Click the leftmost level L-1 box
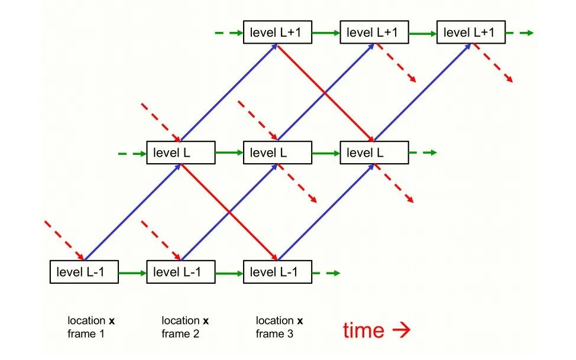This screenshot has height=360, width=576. [84, 272]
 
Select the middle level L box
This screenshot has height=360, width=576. [277, 153]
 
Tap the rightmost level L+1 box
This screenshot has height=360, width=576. [471, 33]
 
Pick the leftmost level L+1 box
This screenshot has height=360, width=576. [277, 33]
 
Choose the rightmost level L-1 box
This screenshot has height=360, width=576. [277, 272]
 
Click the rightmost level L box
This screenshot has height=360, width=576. [374, 153]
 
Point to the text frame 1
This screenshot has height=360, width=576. [86, 334]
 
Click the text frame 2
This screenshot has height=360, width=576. [180, 334]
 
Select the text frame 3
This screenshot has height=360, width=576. [274, 334]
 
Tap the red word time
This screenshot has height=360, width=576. [364, 330]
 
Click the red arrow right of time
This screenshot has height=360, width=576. [401, 330]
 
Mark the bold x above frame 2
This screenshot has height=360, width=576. [206, 321]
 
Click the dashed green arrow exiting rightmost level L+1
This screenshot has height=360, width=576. [520, 33]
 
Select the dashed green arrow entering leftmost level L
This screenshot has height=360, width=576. [132, 154]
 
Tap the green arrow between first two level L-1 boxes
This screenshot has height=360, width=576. [132, 273]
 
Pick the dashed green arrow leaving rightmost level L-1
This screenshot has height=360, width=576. [326, 273]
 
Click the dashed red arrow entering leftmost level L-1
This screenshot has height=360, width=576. [64, 241]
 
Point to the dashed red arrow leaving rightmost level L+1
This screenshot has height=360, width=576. [493, 63]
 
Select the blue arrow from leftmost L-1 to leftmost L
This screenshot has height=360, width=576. [132, 212]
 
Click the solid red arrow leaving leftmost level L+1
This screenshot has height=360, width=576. [326, 93]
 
